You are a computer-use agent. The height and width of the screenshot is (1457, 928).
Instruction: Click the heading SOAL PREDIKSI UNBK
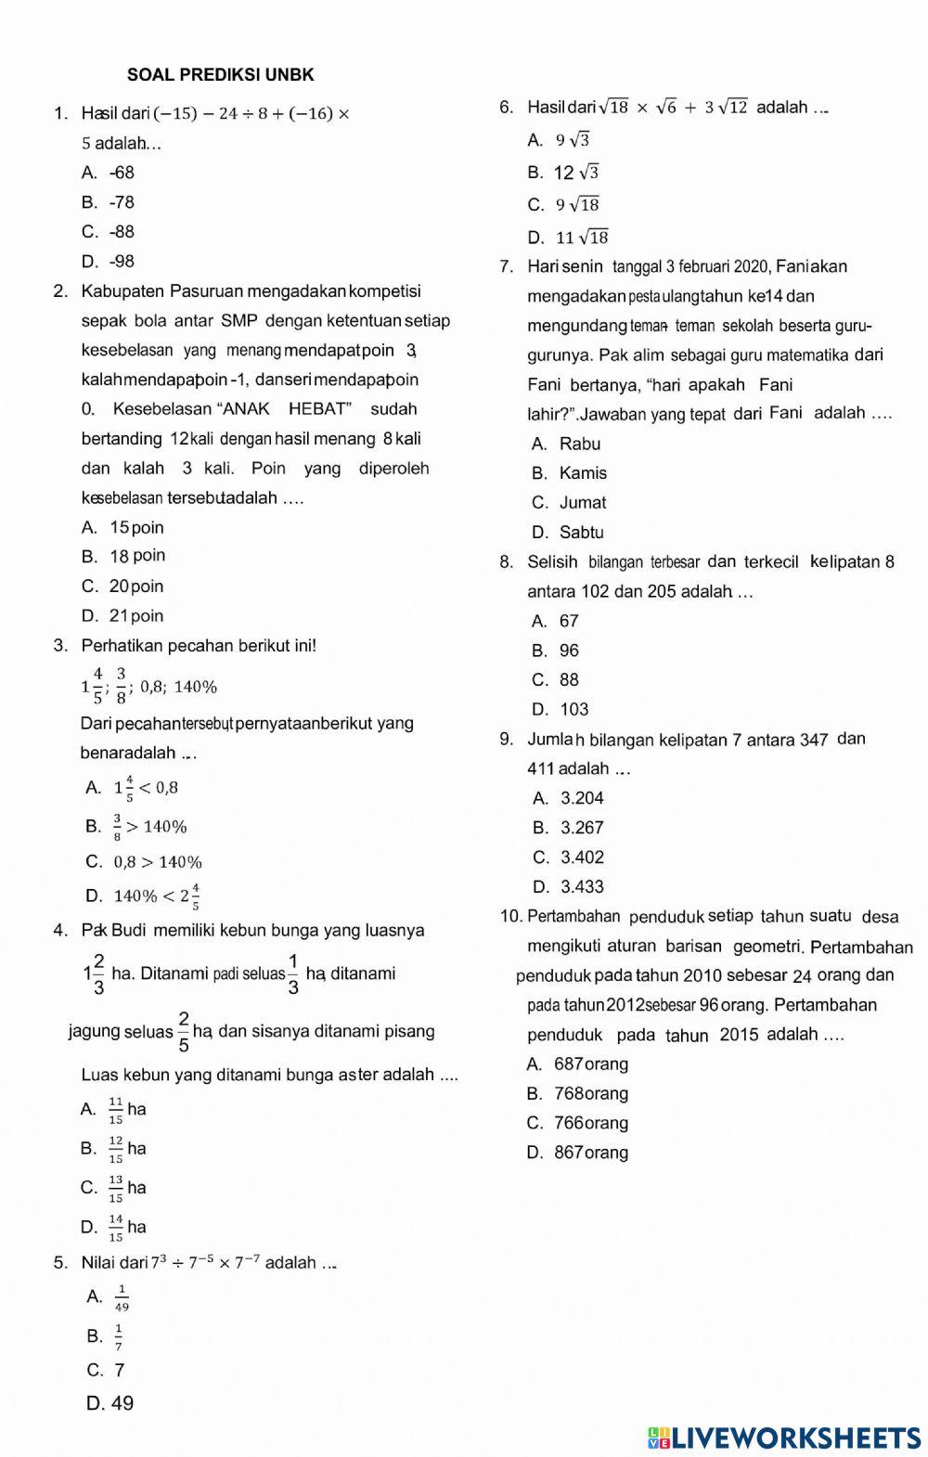(x=221, y=75)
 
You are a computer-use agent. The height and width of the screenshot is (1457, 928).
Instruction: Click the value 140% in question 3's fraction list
(x=196, y=688)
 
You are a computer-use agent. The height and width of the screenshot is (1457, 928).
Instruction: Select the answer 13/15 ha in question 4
(x=127, y=1188)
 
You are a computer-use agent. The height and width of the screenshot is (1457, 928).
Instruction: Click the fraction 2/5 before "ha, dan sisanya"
(x=184, y=1031)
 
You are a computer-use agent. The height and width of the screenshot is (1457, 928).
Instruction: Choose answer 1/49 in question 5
(x=122, y=1297)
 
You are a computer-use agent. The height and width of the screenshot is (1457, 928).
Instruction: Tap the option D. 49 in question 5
(x=110, y=1403)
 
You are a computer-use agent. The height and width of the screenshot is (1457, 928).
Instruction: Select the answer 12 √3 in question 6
(x=576, y=173)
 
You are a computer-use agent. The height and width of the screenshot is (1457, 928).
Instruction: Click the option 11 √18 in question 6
(x=582, y=238)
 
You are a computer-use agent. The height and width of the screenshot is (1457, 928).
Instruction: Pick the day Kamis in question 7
(x=583, y=473)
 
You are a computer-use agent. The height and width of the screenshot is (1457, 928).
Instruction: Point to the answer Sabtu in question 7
(x=581, y=533)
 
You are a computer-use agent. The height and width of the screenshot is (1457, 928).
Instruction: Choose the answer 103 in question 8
(x=574, y=710)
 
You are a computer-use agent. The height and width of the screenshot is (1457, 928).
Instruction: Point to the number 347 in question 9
(x=813, y=740)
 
